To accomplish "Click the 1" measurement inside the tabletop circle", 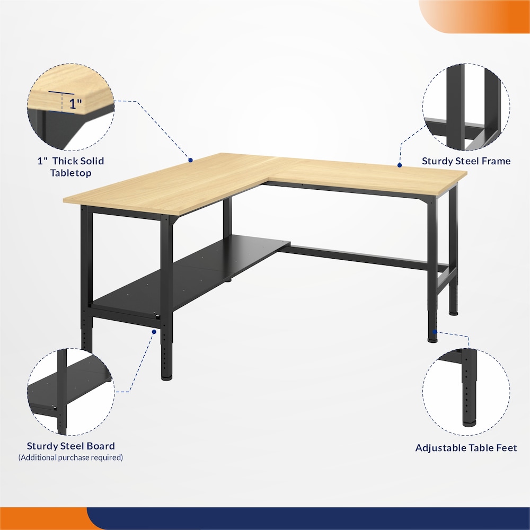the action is pyautogui.click(x=75, y=104).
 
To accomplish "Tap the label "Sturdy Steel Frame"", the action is pyautogui.click(x=466, y=161).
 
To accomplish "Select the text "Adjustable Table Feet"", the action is pyautogui.click(x=466, y=448).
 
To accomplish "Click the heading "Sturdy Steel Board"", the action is pyautogui.click(x=71, y=446).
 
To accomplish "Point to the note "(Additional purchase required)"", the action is pyautogui.click(x=70, y=458).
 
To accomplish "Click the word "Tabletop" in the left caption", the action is pyautogui.click(x=71, y=173).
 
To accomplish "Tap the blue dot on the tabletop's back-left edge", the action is pyautogui.click(x=190, y=160).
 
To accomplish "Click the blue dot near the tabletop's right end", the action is pyautogui.click(x=400, y=165).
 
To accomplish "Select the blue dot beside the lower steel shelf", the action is pyautogui.click(x=154, y=332).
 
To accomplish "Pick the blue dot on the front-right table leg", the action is pyautogui.click(x=435, y=332).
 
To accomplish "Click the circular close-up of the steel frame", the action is pyautogui.click(x=466, y=107).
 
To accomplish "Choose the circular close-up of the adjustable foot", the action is pyautogui.click(x=466, y=392).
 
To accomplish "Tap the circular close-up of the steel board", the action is pyautogui.click(x=70, y=392).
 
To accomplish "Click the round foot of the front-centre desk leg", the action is pyautogui.click(x=166, y=377).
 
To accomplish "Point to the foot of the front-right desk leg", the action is pyautogui.click(x=432, y=339).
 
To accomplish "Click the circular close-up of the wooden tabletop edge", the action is pyautogui.click(x=70, y=107).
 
